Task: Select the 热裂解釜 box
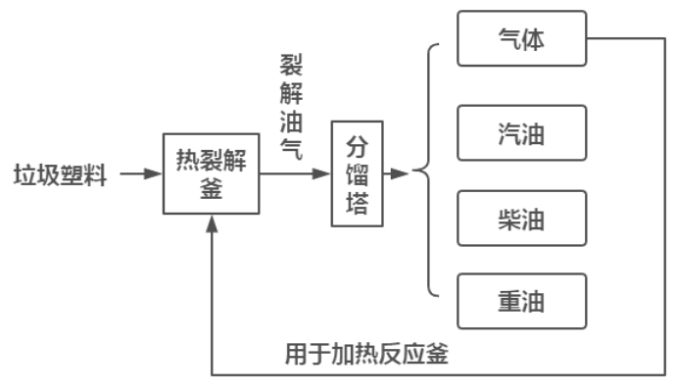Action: (x=212, y=173)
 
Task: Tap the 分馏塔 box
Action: (x=357, y=173)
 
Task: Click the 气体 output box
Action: (x=521, y=39)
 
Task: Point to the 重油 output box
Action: (x=521, y=301)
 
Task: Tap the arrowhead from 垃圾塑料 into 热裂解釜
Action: (x=154, y=174)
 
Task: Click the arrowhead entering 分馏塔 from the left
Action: (x=323, y=174)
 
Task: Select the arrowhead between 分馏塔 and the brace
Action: (x=399, y=174)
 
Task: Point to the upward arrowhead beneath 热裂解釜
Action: (x=213, y=223)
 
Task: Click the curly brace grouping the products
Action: (x=423, y=172)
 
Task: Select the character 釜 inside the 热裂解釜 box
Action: (x=212, y=188)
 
